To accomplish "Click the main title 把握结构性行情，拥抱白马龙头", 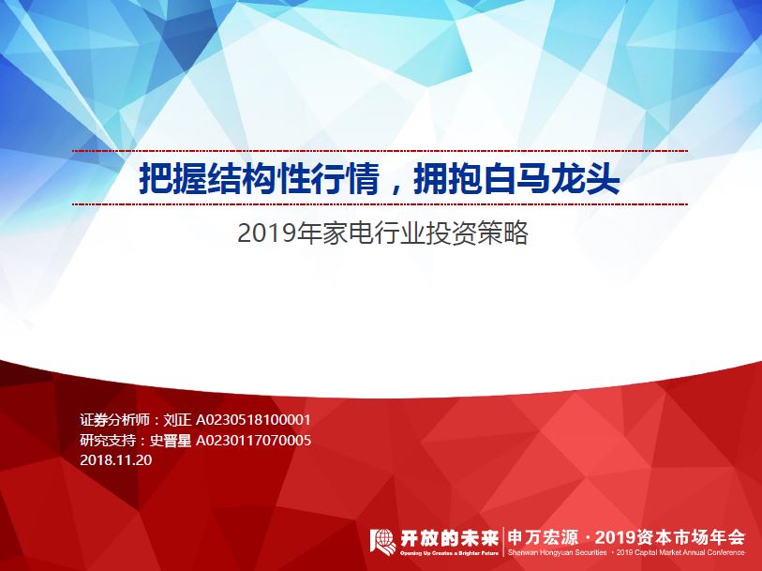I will tap(380, 178).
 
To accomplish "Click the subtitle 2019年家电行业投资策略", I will tap(383, 233).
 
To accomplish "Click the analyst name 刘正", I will tap(179, 420).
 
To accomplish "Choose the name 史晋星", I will tap(172, 440).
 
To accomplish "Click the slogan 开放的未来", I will tap(447, 536).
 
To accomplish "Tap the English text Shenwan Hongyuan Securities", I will tap(554, 553).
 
